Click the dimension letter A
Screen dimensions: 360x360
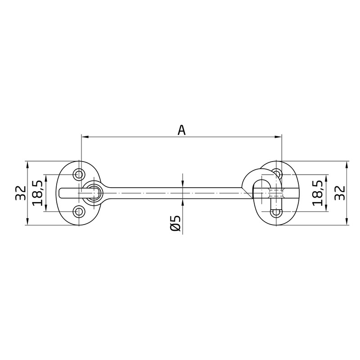point(181,130)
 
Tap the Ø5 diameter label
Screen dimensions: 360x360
point(175,223)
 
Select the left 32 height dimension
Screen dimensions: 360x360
point(21,193)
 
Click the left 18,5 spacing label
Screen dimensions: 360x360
point(37,193)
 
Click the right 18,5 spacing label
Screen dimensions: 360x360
point(318,193)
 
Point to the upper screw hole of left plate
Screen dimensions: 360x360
point(79,175)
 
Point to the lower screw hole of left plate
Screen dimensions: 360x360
point(79,211)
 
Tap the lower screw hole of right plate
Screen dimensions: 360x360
point(276,212)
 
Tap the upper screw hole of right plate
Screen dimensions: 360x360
point(276,173)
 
